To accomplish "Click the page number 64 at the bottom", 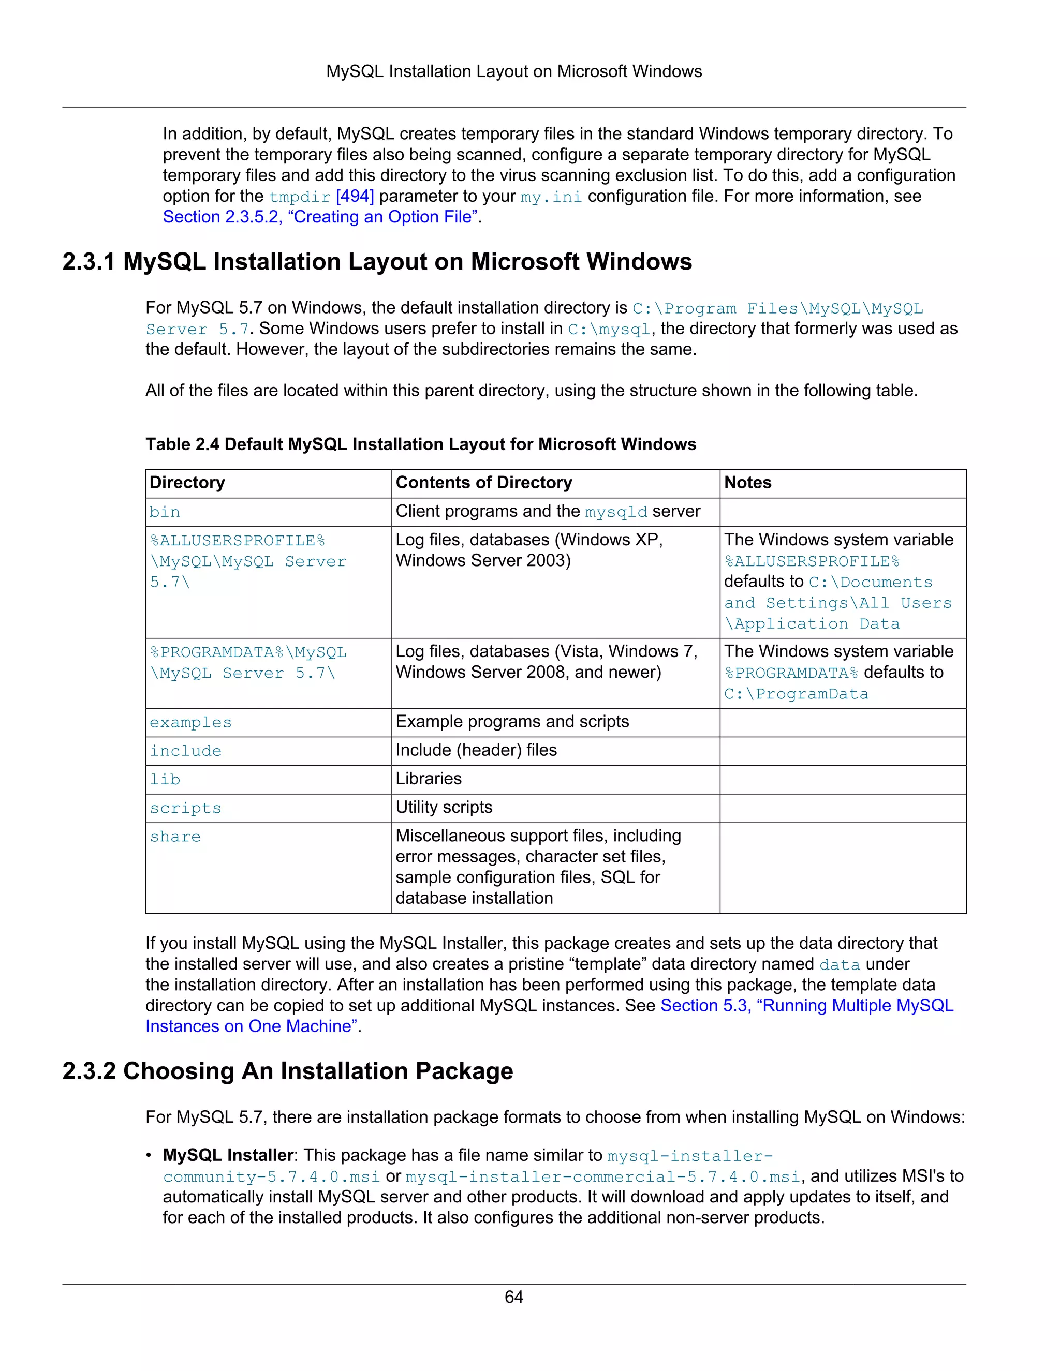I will (513, 1297).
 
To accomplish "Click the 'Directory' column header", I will (187, 483).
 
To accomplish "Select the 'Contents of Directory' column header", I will (483, 483).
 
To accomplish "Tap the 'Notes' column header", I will (747, 483).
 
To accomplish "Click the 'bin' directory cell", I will (165, 512).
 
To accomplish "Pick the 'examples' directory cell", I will (190, 723).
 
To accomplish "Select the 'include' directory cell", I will (185, 751).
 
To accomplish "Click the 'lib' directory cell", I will (165, 780).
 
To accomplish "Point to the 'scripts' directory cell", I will (185, 808).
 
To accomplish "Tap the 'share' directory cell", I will (175, 837).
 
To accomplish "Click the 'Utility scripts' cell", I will (444, 807).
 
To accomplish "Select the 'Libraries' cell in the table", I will (428, 779).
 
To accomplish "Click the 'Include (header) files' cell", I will (476, 750).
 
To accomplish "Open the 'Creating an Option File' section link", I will (320, 217).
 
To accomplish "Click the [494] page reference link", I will (355, 197).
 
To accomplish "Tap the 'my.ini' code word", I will (551, 197).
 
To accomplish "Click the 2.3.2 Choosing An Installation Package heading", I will (288, 1071).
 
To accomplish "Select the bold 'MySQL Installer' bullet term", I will (228, 1155).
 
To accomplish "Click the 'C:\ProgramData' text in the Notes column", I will (796, 694).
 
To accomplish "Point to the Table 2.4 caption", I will (421, 444).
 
